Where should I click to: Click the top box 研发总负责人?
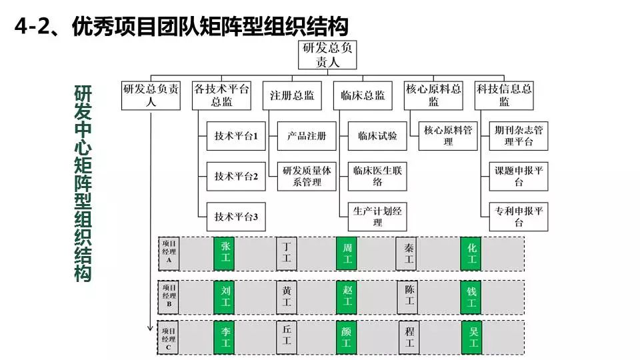[327, 55]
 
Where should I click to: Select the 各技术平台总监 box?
[221, 95]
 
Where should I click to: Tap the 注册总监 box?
[292, 95]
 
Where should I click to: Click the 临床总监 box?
[363, 95]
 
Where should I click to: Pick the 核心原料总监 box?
[433, 95]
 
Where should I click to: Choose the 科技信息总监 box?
[504, 95]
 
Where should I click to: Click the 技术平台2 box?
[236, 177]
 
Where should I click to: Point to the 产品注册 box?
[307, 136]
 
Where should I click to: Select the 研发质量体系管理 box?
[307, 177]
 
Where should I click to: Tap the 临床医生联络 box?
[377, 177]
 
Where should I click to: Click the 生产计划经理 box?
[377, 217]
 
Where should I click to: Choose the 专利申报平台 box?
[519, 217]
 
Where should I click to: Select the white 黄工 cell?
[287, 296]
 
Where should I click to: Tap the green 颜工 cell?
[346, 337]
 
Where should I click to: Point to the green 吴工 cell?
[473, 337]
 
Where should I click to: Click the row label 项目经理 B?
[169, 296]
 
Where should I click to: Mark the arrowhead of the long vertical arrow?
[152, 329]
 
